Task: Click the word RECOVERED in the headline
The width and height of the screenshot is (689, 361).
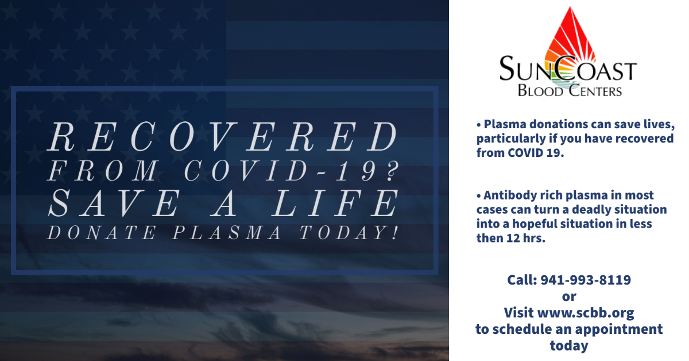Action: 224,138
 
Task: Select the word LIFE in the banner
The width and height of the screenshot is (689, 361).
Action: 344,203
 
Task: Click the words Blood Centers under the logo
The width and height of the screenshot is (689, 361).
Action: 570,90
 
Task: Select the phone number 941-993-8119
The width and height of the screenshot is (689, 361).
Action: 585,280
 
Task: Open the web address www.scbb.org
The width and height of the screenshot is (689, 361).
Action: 586,313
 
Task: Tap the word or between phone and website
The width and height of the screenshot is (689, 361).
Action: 569,297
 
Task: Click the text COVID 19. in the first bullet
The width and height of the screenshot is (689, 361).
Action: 532,153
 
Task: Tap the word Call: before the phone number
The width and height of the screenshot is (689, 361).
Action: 522,280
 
